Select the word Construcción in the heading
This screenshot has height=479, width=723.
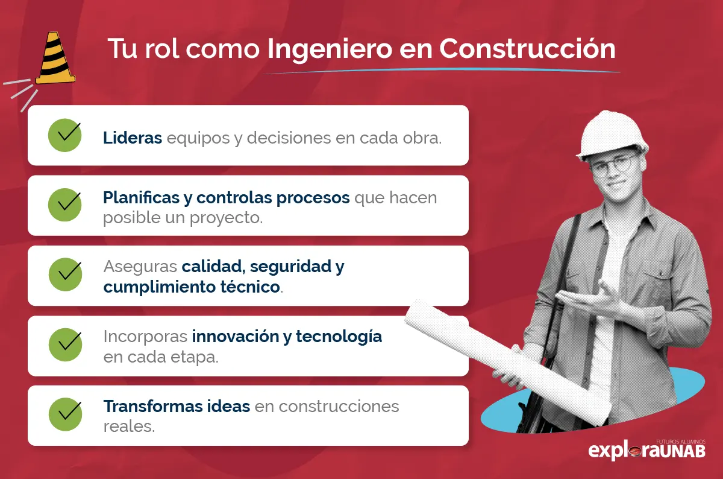(527, 49)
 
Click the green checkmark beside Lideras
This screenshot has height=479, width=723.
(65, 135)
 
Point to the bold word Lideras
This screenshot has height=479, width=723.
(133, 138)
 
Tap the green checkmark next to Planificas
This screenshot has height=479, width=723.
(65, 205)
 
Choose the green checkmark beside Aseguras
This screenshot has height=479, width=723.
(65, 275)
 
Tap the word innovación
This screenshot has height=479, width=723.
(235, 336)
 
